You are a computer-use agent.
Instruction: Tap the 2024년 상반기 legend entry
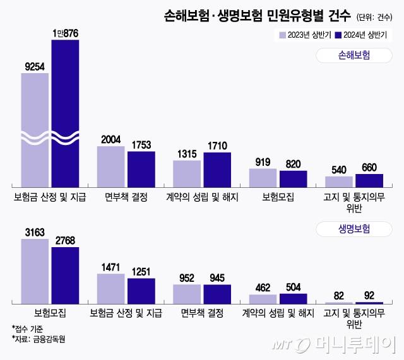(362, 35)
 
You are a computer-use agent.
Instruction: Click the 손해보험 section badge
(350, 55)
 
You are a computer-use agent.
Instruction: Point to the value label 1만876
(65, 32)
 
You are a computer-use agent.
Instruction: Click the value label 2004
(110, 139)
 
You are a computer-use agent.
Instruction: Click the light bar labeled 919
(263, 178)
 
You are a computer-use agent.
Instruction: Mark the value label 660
(369, 167)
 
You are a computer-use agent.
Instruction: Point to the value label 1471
(110, 267)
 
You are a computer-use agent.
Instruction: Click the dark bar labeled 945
(217, 294)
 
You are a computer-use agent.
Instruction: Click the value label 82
(338, 296)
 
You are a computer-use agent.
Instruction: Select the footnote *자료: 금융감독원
(39, 339)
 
